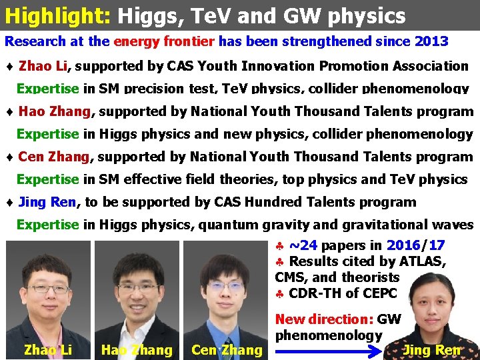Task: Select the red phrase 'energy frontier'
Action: tap(164, 41)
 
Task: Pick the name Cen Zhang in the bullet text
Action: tap(54, 157)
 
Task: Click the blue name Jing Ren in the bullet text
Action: tap(47, 202)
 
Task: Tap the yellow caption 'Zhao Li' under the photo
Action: tap(47, 349)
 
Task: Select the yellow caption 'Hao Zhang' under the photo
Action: tap(137, 350)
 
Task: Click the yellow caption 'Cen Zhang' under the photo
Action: tap(227, 350)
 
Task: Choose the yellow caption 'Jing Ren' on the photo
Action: tap(432, 349)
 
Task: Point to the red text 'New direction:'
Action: tap(324, 320)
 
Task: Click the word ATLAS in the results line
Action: tap(423, 261)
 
